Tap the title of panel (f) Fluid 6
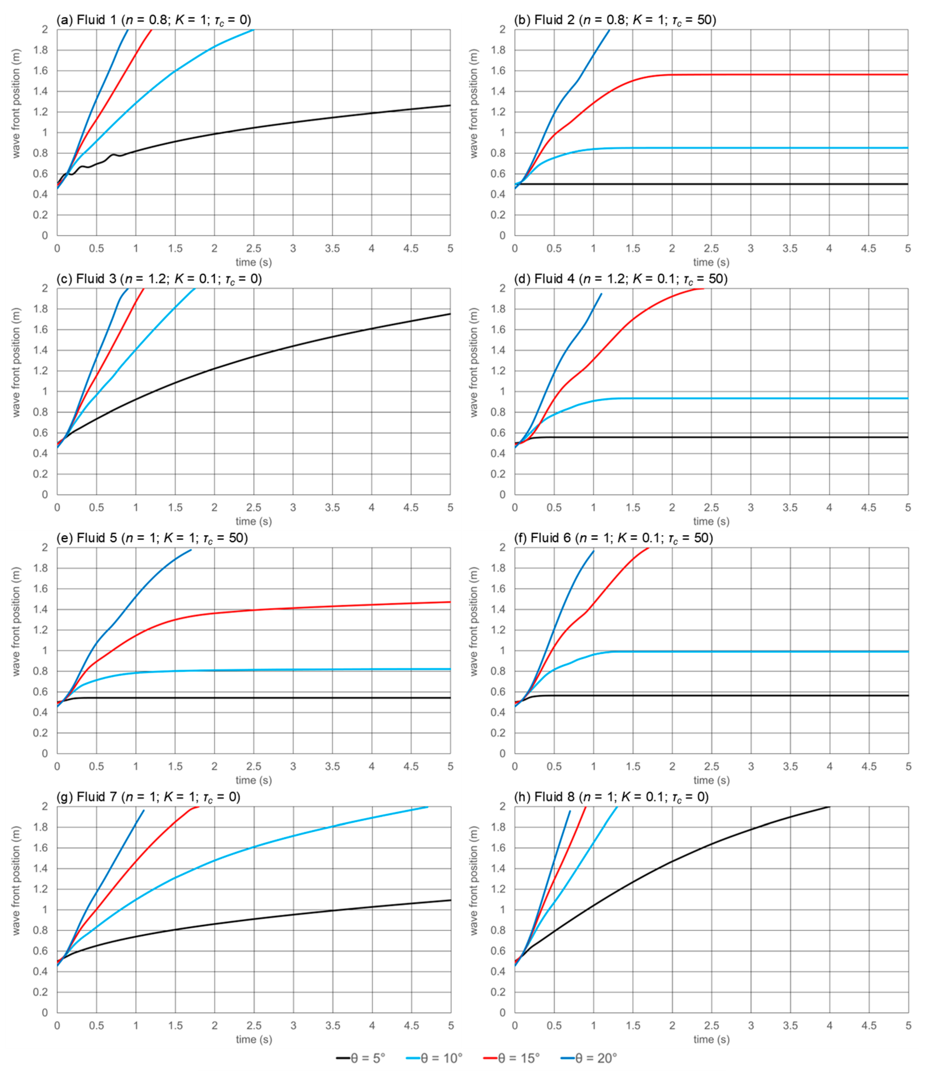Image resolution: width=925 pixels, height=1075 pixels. (613, 538)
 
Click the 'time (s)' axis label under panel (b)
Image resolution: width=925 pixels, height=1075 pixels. (711, 263)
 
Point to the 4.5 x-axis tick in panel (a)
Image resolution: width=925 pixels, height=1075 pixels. (411, 248)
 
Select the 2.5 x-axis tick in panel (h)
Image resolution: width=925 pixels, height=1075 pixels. (711, 1026)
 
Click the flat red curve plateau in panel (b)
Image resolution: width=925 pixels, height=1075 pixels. (778, 75)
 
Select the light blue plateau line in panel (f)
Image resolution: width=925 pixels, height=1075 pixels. (778, 651)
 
